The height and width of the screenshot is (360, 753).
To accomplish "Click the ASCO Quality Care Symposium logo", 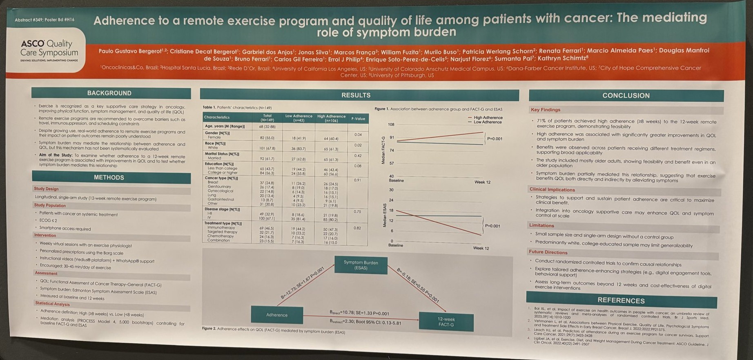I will tap(49, 50).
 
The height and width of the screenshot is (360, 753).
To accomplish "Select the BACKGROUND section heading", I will tap(109, 93).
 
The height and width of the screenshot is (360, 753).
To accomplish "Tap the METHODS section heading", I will tap(109, 178).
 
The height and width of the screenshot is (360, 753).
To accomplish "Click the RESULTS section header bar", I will tap(356, 95).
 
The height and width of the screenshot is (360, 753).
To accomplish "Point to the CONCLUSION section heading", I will tap(626, 96).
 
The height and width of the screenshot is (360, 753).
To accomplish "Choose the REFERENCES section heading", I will tap(621, 300).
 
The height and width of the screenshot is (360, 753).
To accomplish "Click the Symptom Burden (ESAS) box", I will tap(361, 265).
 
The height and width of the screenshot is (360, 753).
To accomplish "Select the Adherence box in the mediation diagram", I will tap(277, 315).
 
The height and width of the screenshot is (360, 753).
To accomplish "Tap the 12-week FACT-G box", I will tap(446, 322).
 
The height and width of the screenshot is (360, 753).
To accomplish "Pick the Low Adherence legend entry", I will tap(487, 122).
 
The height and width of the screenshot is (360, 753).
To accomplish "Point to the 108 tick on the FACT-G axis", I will tap(391, 124).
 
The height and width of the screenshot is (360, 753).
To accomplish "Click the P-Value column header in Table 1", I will tap(358, 119).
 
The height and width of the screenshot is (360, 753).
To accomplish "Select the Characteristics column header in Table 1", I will tap(217, 118).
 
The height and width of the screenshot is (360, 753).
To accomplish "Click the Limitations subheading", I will tap(541, 225).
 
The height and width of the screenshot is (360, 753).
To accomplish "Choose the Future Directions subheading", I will tap(548, 252).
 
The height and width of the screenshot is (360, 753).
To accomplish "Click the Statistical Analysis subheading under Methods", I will tap(52, 304).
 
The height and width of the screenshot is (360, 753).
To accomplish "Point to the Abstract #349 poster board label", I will tap(45, 20).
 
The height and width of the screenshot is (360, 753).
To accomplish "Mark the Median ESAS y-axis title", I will tap(384, 215).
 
